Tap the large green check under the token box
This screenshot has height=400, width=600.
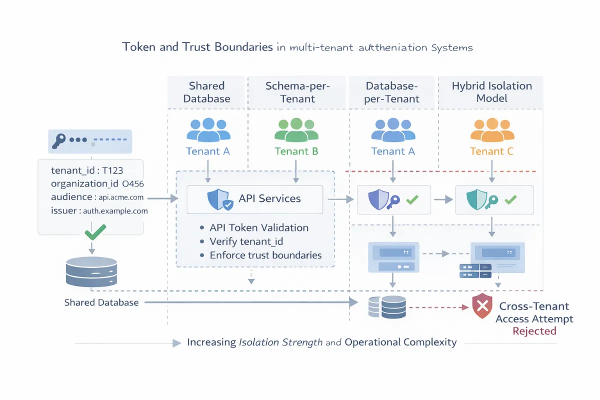(94, 232)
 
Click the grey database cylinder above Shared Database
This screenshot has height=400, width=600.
(91, 272)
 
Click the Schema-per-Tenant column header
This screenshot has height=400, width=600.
(297, 92)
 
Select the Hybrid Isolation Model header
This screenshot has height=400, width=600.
(491, 92)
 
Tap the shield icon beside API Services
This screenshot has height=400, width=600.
(219, 199)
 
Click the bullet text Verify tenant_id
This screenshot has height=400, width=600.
(246, 241)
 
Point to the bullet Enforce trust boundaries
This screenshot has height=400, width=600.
(265, 255)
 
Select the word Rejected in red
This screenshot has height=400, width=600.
(534, 331)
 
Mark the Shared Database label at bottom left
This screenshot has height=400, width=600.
(101, 302)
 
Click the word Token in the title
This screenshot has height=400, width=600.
(138, 48)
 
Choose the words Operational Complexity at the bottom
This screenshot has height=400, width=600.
(400, 342)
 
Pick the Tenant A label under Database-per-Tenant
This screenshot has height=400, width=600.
(393, 151)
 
